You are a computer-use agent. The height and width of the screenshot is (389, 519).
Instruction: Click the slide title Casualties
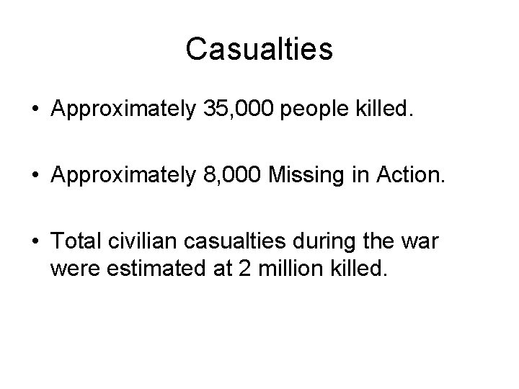pos(259,50)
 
